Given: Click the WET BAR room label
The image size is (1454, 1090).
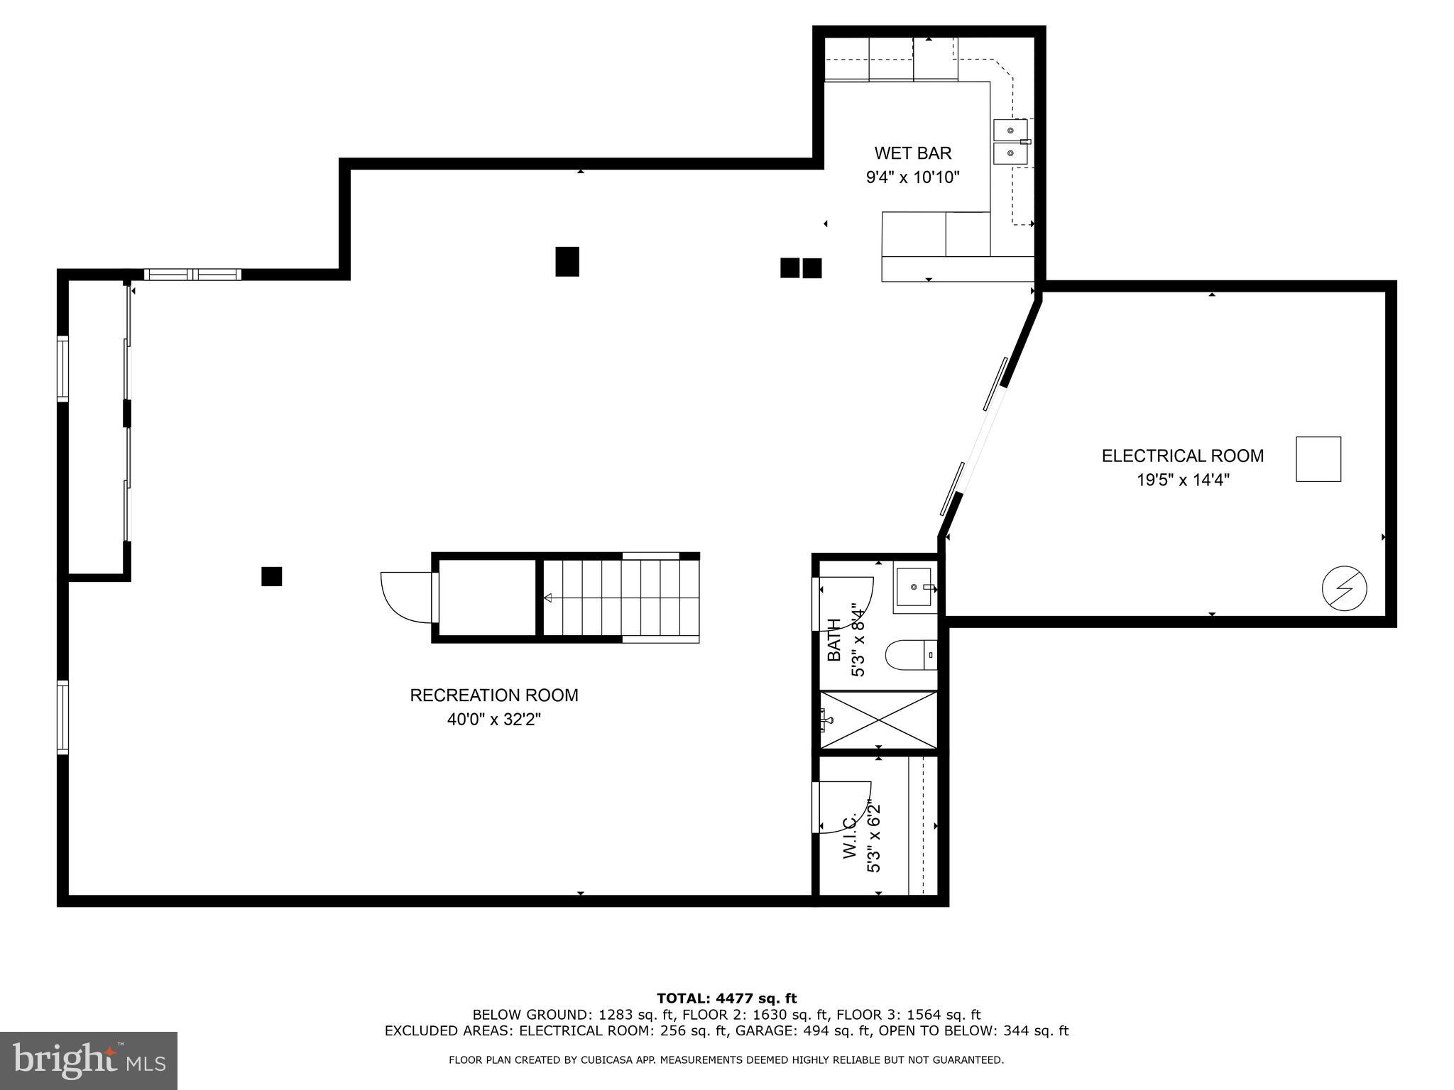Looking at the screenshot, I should pyautogui.click(x=912, y=153).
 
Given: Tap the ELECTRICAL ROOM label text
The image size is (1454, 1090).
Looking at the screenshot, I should pyautogui.click(x=1182, y=456).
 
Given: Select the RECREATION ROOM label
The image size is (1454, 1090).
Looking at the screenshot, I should pyautogui.click(x=494, y=695).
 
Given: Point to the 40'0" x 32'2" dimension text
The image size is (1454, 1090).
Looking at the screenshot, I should pyautogui.click(x=494, y=720).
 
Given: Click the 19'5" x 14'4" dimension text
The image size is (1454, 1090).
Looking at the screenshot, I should pyautogui.click(x=1183, y=480).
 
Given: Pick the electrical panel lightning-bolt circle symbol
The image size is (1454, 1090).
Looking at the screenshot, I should pyautogui.click(x=1344, y=588).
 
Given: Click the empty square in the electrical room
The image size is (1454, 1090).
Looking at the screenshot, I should pyautogui.click(x=1318, y=459).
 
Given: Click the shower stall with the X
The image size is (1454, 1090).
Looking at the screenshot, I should pyautogui.click(x=879, y=720).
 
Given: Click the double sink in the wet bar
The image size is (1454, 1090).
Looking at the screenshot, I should pyautogui.click(x=1010, y=142).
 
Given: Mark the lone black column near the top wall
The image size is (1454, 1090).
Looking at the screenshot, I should pyautogui.click(x=567, y=261).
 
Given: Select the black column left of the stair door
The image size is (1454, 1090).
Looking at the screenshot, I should pyautogui.click(x=271, y=576).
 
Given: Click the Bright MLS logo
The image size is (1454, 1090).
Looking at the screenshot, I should pyautogui.click(x=89, y=1060).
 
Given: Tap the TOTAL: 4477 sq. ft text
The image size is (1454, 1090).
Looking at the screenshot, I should pyautogui.click(x=726, y=998).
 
